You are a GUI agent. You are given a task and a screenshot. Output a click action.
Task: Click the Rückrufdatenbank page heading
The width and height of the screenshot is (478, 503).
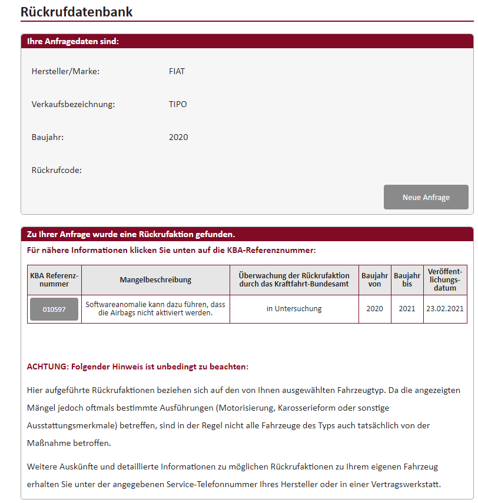[x=77, y=11]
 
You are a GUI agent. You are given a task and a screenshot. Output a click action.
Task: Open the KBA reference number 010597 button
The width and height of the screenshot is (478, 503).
[x=54, y=309]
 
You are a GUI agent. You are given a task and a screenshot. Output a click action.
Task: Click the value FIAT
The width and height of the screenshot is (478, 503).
[x=177, y=71]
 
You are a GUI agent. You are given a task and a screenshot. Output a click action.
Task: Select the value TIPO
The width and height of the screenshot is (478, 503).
[x=178, y=104]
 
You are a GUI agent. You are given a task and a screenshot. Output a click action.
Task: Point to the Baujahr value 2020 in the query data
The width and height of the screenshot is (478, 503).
[x=178, y=137]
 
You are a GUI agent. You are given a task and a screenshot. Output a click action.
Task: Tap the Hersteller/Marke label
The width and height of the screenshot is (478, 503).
[x=65, y=71]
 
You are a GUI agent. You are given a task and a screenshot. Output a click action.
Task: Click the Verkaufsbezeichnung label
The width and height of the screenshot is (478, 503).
[x=73, y=104]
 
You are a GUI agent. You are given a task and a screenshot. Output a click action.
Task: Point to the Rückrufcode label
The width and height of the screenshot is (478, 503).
[x=57, y=170]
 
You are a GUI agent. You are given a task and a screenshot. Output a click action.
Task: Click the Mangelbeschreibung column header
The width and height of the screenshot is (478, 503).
[x=155, y=279]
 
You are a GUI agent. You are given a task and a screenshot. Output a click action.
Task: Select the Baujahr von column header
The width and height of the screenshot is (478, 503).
[x=375, y=279]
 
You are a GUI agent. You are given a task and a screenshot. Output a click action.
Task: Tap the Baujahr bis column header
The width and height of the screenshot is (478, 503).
[x=407, y=279]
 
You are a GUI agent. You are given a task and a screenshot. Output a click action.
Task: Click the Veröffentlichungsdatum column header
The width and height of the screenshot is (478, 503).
[x=445, y=279]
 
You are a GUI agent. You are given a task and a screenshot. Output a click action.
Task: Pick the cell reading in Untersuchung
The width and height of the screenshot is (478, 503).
[x=294, y=309]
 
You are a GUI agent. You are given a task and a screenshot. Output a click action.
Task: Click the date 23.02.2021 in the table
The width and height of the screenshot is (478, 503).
[x=445, y=309]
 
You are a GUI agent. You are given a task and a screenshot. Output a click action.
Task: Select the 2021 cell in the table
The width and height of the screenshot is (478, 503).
[x=407, y=309]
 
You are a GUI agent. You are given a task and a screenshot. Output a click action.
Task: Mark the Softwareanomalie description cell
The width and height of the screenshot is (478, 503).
[x=155, y=309]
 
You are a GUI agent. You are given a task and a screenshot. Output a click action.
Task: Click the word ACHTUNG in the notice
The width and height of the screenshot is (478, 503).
[x=48, y=367]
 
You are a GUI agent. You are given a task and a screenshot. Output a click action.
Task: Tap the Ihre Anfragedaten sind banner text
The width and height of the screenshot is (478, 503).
[x=73, y=41]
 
